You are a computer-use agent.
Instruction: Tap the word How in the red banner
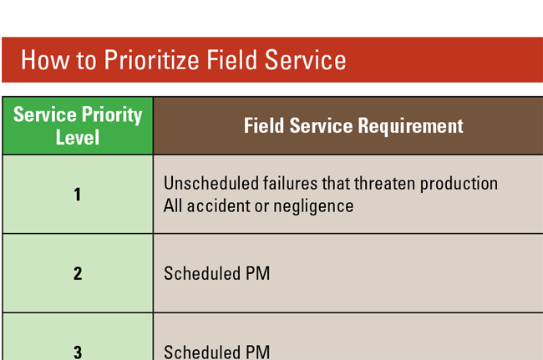(x=39, y=60)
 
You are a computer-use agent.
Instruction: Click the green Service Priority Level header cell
(x=78, y=126)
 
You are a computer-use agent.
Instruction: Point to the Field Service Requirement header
(x=353, y=126)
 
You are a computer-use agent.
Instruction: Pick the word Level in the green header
(x=78, y=137)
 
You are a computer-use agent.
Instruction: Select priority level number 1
(x=78, y=195)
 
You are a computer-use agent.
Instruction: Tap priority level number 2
(x=78, y=273)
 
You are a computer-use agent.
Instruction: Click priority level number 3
(x=78, y=352)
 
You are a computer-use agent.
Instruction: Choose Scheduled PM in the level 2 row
(x=216, y=273)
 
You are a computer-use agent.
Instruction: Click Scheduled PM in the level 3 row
(x=216, y=352)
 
